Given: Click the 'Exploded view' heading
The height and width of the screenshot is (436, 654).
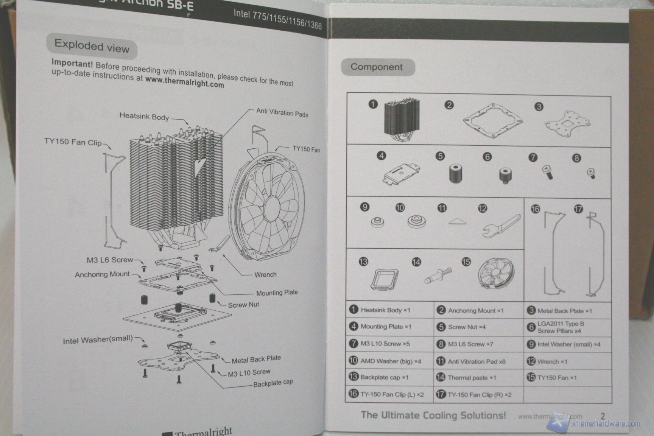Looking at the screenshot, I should pos(92,46).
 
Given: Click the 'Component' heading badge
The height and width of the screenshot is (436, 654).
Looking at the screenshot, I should pos(377,67).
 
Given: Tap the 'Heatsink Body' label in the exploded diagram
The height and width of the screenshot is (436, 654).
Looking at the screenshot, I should pos(144,117).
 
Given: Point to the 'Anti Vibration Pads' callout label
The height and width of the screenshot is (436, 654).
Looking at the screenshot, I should pos(282,112).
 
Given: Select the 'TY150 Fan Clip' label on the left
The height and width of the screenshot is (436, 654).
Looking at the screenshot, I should pos(73,142).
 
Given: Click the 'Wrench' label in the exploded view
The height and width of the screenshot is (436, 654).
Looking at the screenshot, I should pos(265,274).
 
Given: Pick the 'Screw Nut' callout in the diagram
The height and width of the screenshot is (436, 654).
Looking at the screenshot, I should pos(243,305).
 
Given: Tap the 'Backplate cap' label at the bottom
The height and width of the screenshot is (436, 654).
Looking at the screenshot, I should pos(273,383).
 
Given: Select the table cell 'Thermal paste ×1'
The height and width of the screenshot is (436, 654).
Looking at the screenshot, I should pos(472,378).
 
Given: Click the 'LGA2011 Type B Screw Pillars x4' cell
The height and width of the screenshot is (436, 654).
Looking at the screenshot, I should pos(561,327).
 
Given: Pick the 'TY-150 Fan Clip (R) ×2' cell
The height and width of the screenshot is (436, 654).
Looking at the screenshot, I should pos(479,395).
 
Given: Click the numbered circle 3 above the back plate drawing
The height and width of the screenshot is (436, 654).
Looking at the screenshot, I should pos(539,107).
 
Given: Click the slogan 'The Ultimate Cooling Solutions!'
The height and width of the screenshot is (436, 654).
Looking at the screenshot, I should pos(433,415).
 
